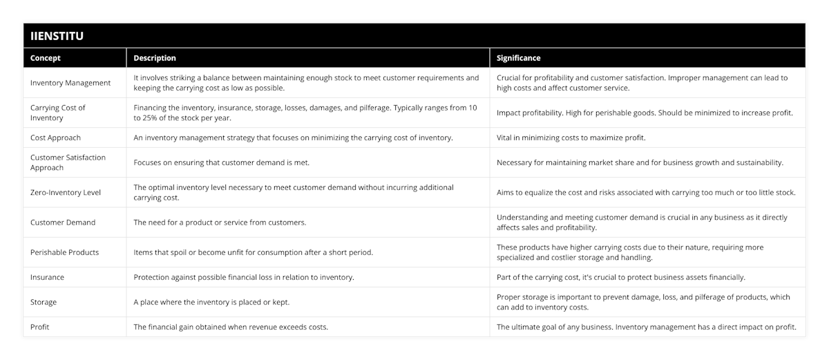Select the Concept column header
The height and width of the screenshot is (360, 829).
click(x=46, y=58)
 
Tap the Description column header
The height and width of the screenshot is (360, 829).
click(x=155, y=58)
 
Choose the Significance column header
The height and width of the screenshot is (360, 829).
click(x=519, y=58)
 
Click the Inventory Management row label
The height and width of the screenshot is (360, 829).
click(x=70, y=83)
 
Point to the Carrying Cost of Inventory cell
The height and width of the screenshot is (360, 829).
click(x=58, y=113)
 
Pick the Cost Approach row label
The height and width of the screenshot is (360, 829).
click(x=55, y=138)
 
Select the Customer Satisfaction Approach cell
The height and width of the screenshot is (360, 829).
click(x=68, y=162)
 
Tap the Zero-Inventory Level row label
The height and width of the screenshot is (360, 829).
click(x=66, y=192)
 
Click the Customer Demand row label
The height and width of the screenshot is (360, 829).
click(x=63, y=222)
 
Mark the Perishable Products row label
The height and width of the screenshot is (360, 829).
click(x=64, y=252)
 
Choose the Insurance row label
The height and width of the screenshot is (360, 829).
click(x=47, y=277)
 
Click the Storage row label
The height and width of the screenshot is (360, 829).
click(x=44, y=302)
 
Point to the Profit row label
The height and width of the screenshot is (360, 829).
click(x=40, y=327)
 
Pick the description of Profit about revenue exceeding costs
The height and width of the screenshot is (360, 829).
click(x=231, y=327)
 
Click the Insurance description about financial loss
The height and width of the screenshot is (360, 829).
click(x=244, y=277)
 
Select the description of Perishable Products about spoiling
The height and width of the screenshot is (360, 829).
click(x=253, y=252)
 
